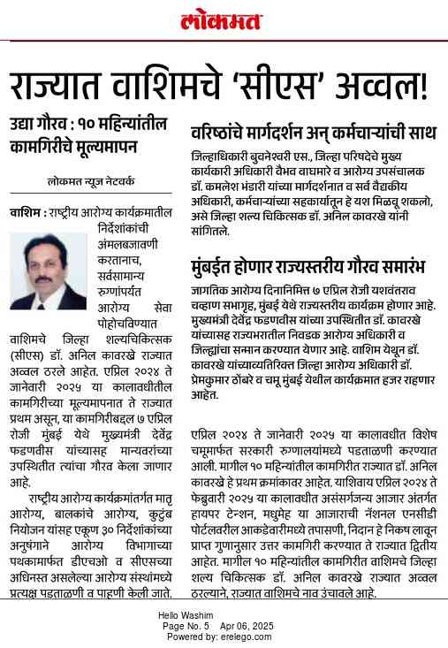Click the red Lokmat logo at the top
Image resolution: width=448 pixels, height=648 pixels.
pos(224,21)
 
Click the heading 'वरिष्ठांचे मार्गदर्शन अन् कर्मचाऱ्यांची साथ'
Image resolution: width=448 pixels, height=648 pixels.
pos(314,133)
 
